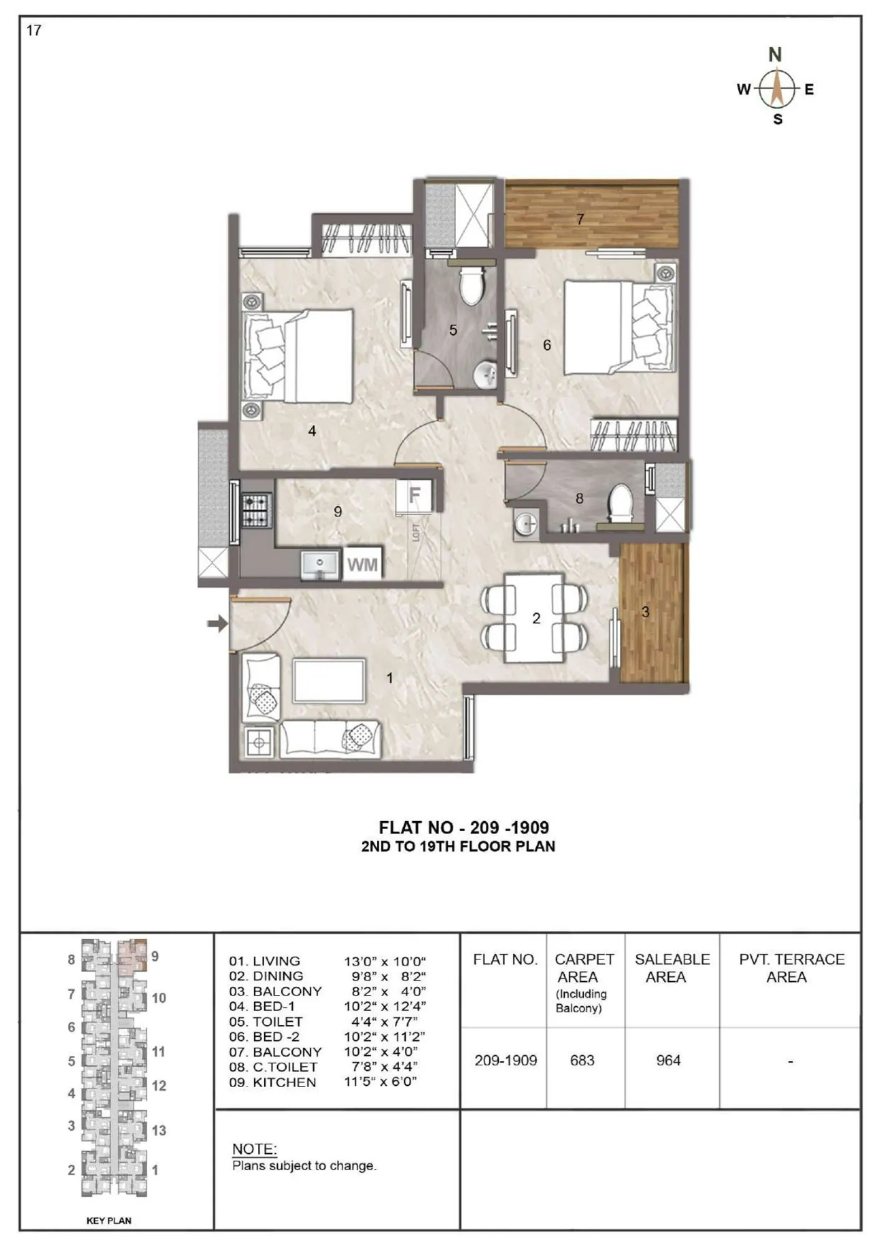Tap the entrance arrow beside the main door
pyautogui.click(x=217, y=623)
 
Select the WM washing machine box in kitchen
pyautogui.click(x=362, y=564)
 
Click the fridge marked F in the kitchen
pyautogui.click(x=415, y=496)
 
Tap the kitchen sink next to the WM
pyautogui.click(x=320, y=564)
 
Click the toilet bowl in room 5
pyautogui.click(x=471, y=286)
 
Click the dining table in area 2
pyautogui.click(x=534, y=618)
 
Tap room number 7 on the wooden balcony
pyautogui.click(x=580, y=219)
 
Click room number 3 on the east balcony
pyautogui.click(x=645, y=612)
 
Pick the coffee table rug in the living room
pyautogui.click(x=329, y=681)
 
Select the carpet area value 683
pyautogui.click(x=582, y=1060)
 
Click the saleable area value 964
pyautogui.click(x=668, y=1060)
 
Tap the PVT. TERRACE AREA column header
pyautogui.click(x=791, y=968)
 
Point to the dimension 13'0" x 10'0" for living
pyautogui.click(x=385, y=961)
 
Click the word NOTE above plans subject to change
pyautogui.click(x=254, y=1149)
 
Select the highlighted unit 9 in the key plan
pyautogui.click(x=131, y=957)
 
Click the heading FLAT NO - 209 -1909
pyautogui.click(x=463, y=827)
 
